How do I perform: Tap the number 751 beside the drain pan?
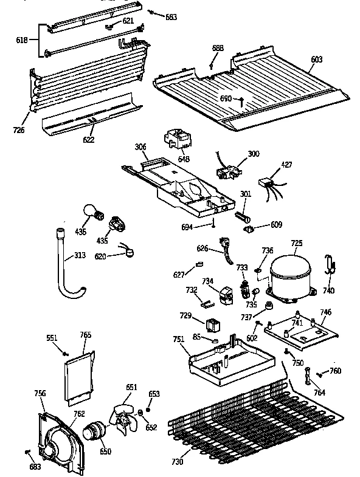pyautogui.click(x=178, y=340)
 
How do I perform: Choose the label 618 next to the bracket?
pyautogui.click(x=21, y=40)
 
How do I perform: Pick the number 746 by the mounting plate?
pyautogui.click(x=325, y=312)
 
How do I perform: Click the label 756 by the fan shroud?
pyautogui.click(x=40, y=394)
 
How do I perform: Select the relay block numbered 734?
pyautogui.click(x=226, y=293)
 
